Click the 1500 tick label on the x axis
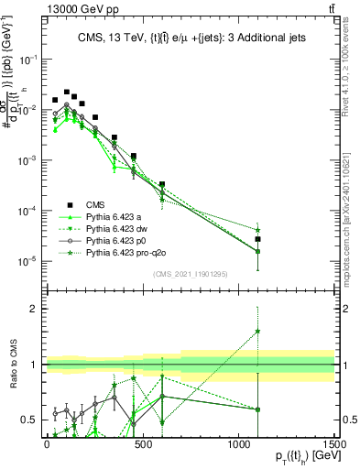(334, 443)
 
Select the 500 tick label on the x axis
(142, 443)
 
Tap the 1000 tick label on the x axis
(238, 443)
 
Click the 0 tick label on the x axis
(46, 443)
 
